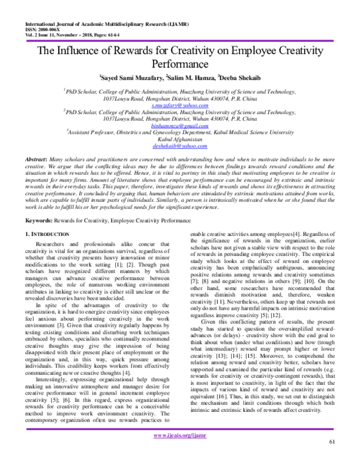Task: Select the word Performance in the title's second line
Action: tap(180, 62)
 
